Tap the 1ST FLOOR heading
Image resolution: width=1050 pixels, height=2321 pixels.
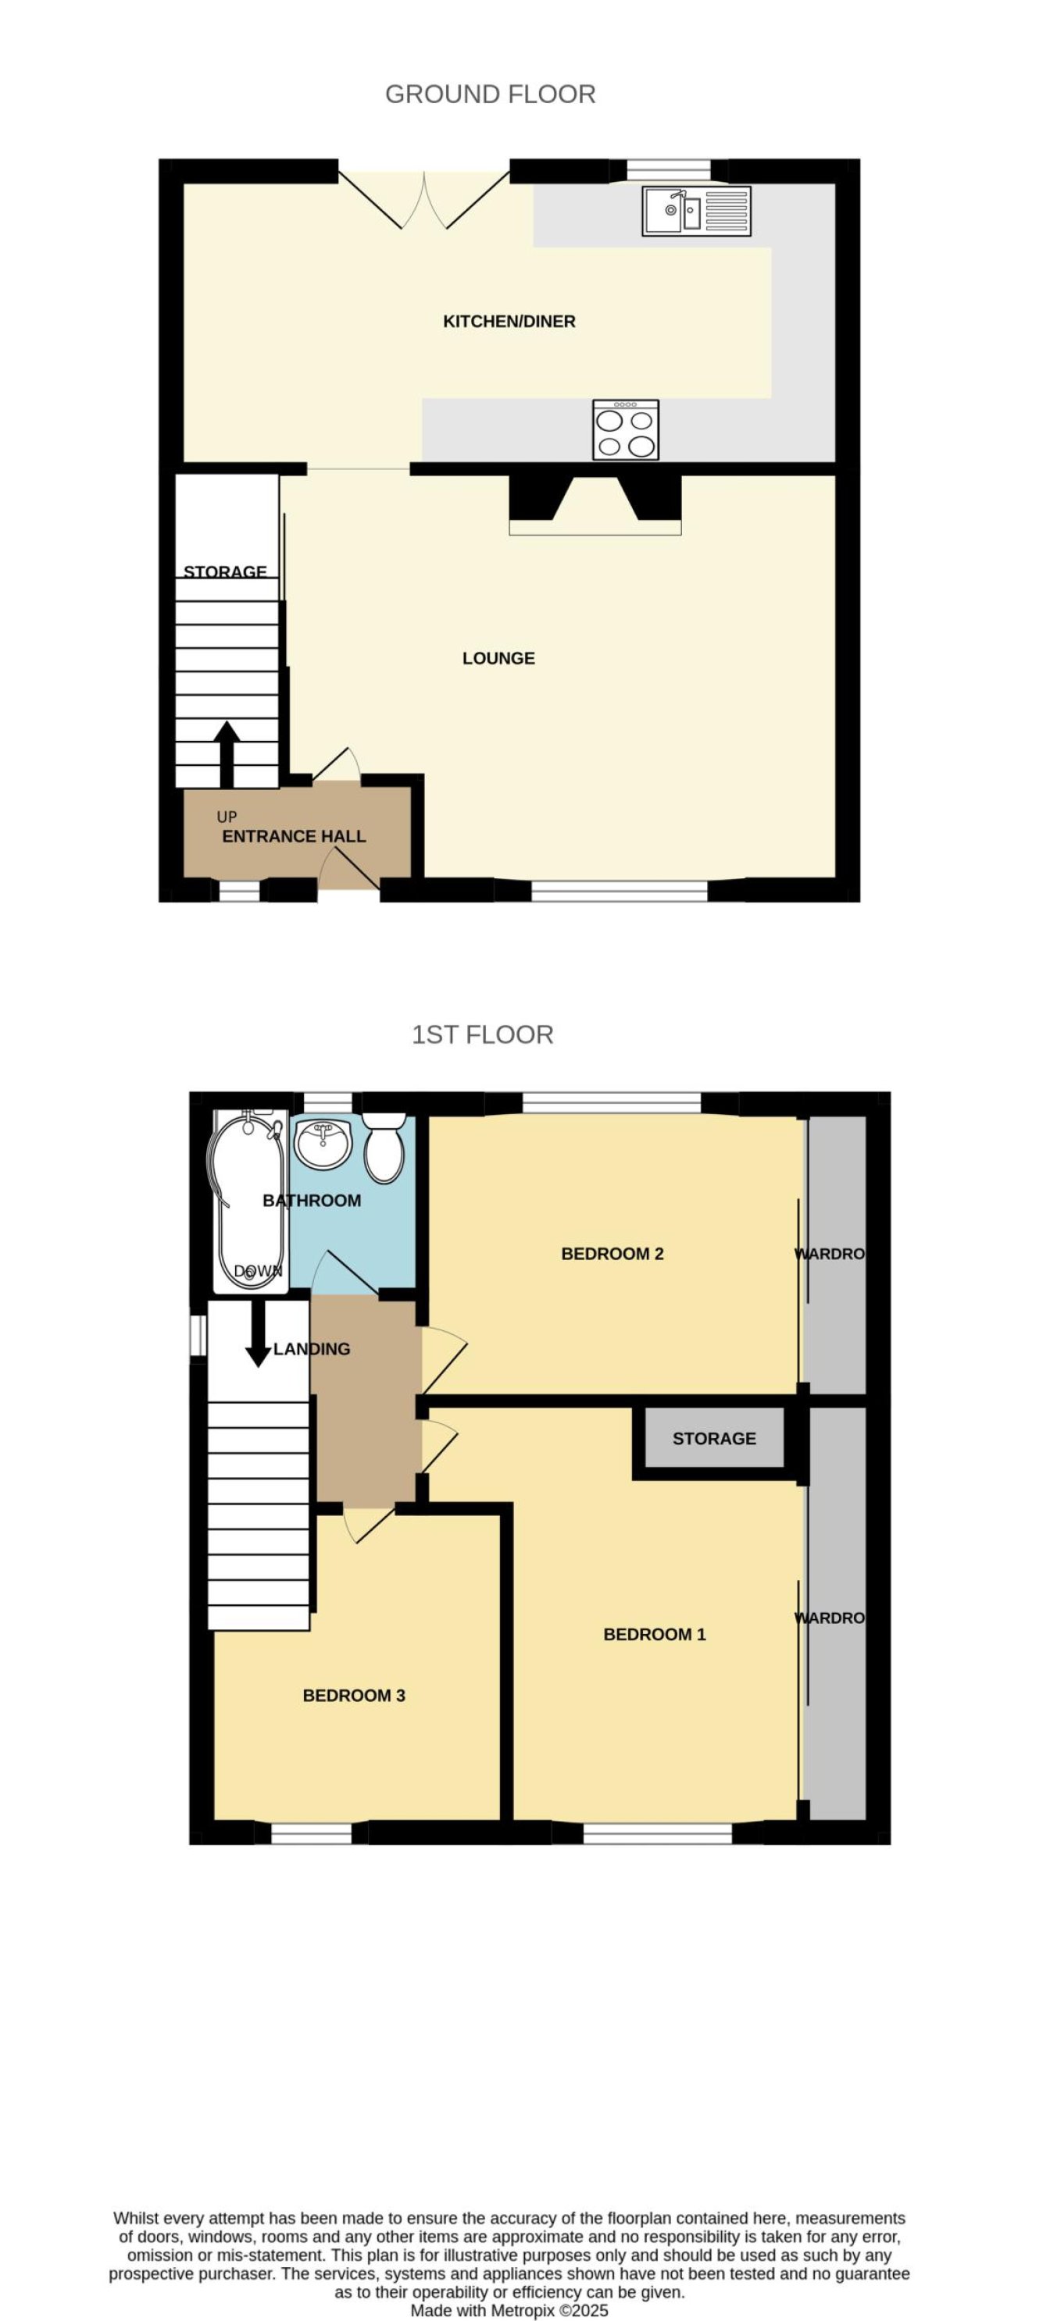(482, 1034)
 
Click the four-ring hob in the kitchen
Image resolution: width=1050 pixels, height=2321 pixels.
(626, 430)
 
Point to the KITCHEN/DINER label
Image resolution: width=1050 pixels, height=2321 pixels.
(509, 321)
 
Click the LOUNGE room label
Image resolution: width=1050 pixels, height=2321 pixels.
(498, 658)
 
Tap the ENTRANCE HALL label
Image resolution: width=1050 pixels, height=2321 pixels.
(294, 836)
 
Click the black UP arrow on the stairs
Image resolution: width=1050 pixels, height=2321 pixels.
(227, 754)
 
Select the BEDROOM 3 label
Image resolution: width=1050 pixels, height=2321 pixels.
(353, 1695)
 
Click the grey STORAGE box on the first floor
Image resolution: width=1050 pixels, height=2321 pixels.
(713, 1438)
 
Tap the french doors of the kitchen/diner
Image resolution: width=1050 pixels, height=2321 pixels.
(423, 200)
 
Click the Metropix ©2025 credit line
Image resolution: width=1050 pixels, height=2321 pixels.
(509, 2310)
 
